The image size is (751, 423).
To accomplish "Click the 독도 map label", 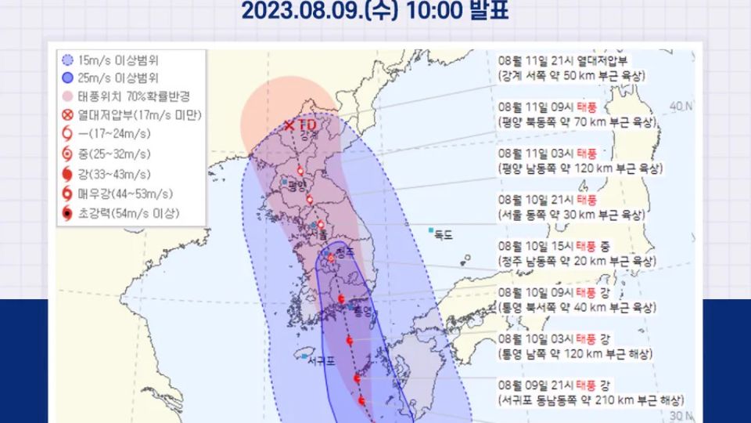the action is (x=444, y=234).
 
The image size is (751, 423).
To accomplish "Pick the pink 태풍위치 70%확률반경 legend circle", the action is (x=67, y=97).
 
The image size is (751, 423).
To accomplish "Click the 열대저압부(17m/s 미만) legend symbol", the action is (x=67, y=116).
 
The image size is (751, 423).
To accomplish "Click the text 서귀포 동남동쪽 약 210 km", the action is (x=591, y=399).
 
